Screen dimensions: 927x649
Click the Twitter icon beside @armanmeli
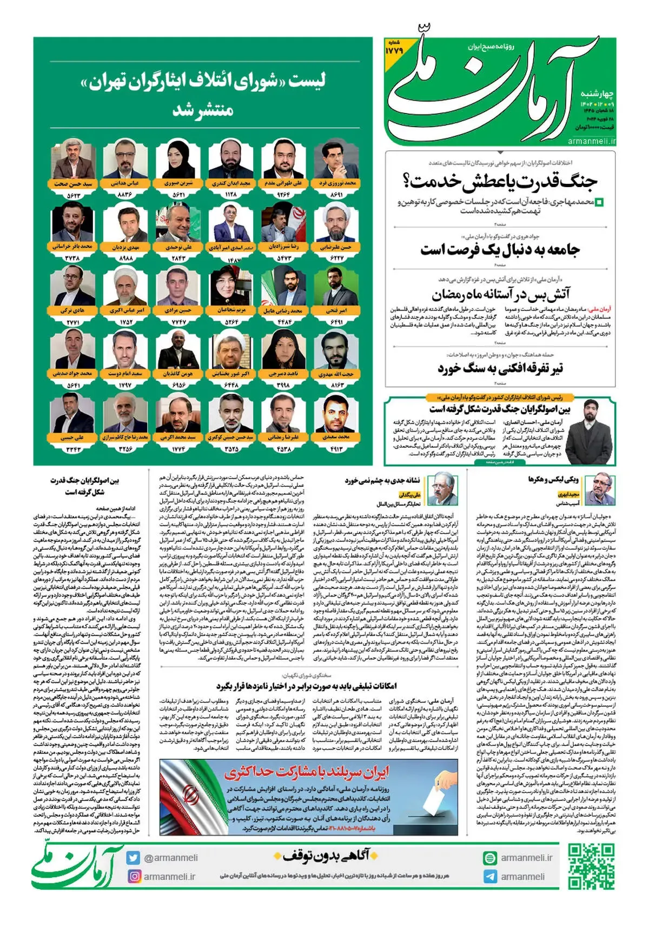[x=133, y=858]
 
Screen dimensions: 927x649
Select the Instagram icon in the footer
[x=134, y=876]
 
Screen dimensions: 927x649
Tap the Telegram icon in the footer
[x=490, y=876]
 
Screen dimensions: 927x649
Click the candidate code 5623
[x=74, y=195]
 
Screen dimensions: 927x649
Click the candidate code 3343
[x=74, y=449]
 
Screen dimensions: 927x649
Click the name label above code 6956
[x=178, y=374]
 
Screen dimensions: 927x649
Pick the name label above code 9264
[x=283, y=183]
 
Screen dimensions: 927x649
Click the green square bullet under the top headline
[x=599, y=203]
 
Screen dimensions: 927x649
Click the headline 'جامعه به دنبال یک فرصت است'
[x=500, y=250]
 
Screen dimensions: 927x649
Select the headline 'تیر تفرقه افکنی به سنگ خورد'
[x=500, y=369]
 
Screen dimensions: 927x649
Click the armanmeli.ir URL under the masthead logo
[x=592, y=141]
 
